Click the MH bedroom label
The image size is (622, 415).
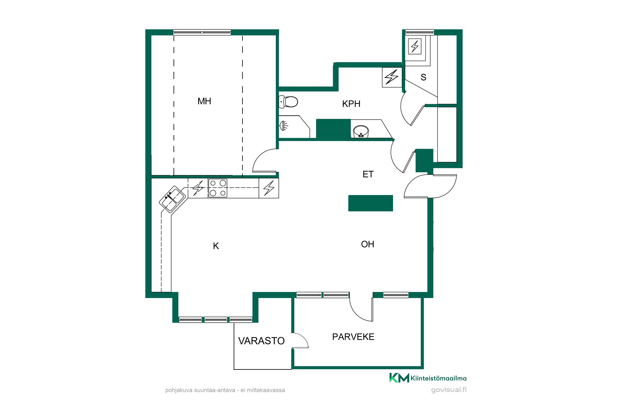click(x=204, y=101)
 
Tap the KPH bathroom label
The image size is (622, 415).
click(x=351, y=104)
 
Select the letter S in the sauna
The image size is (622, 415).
click(x=423, y=77)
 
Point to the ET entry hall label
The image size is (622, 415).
click(x=368, y=174)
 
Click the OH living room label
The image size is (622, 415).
click(x=368, y=244)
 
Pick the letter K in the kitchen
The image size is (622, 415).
click(x=216, y=246)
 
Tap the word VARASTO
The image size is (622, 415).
click(x=261, y=341)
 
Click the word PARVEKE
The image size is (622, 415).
click(x=353, y=337)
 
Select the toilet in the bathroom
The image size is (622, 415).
click(x=289, y=102)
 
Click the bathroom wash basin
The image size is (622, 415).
click(x=361, y=132)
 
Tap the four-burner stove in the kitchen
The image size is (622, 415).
click(x=218, y=188)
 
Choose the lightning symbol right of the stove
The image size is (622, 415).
click(x=269, y=188)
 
